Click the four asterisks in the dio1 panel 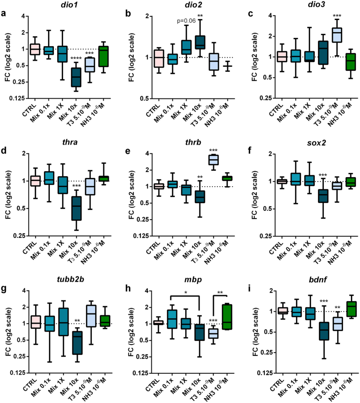75,58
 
